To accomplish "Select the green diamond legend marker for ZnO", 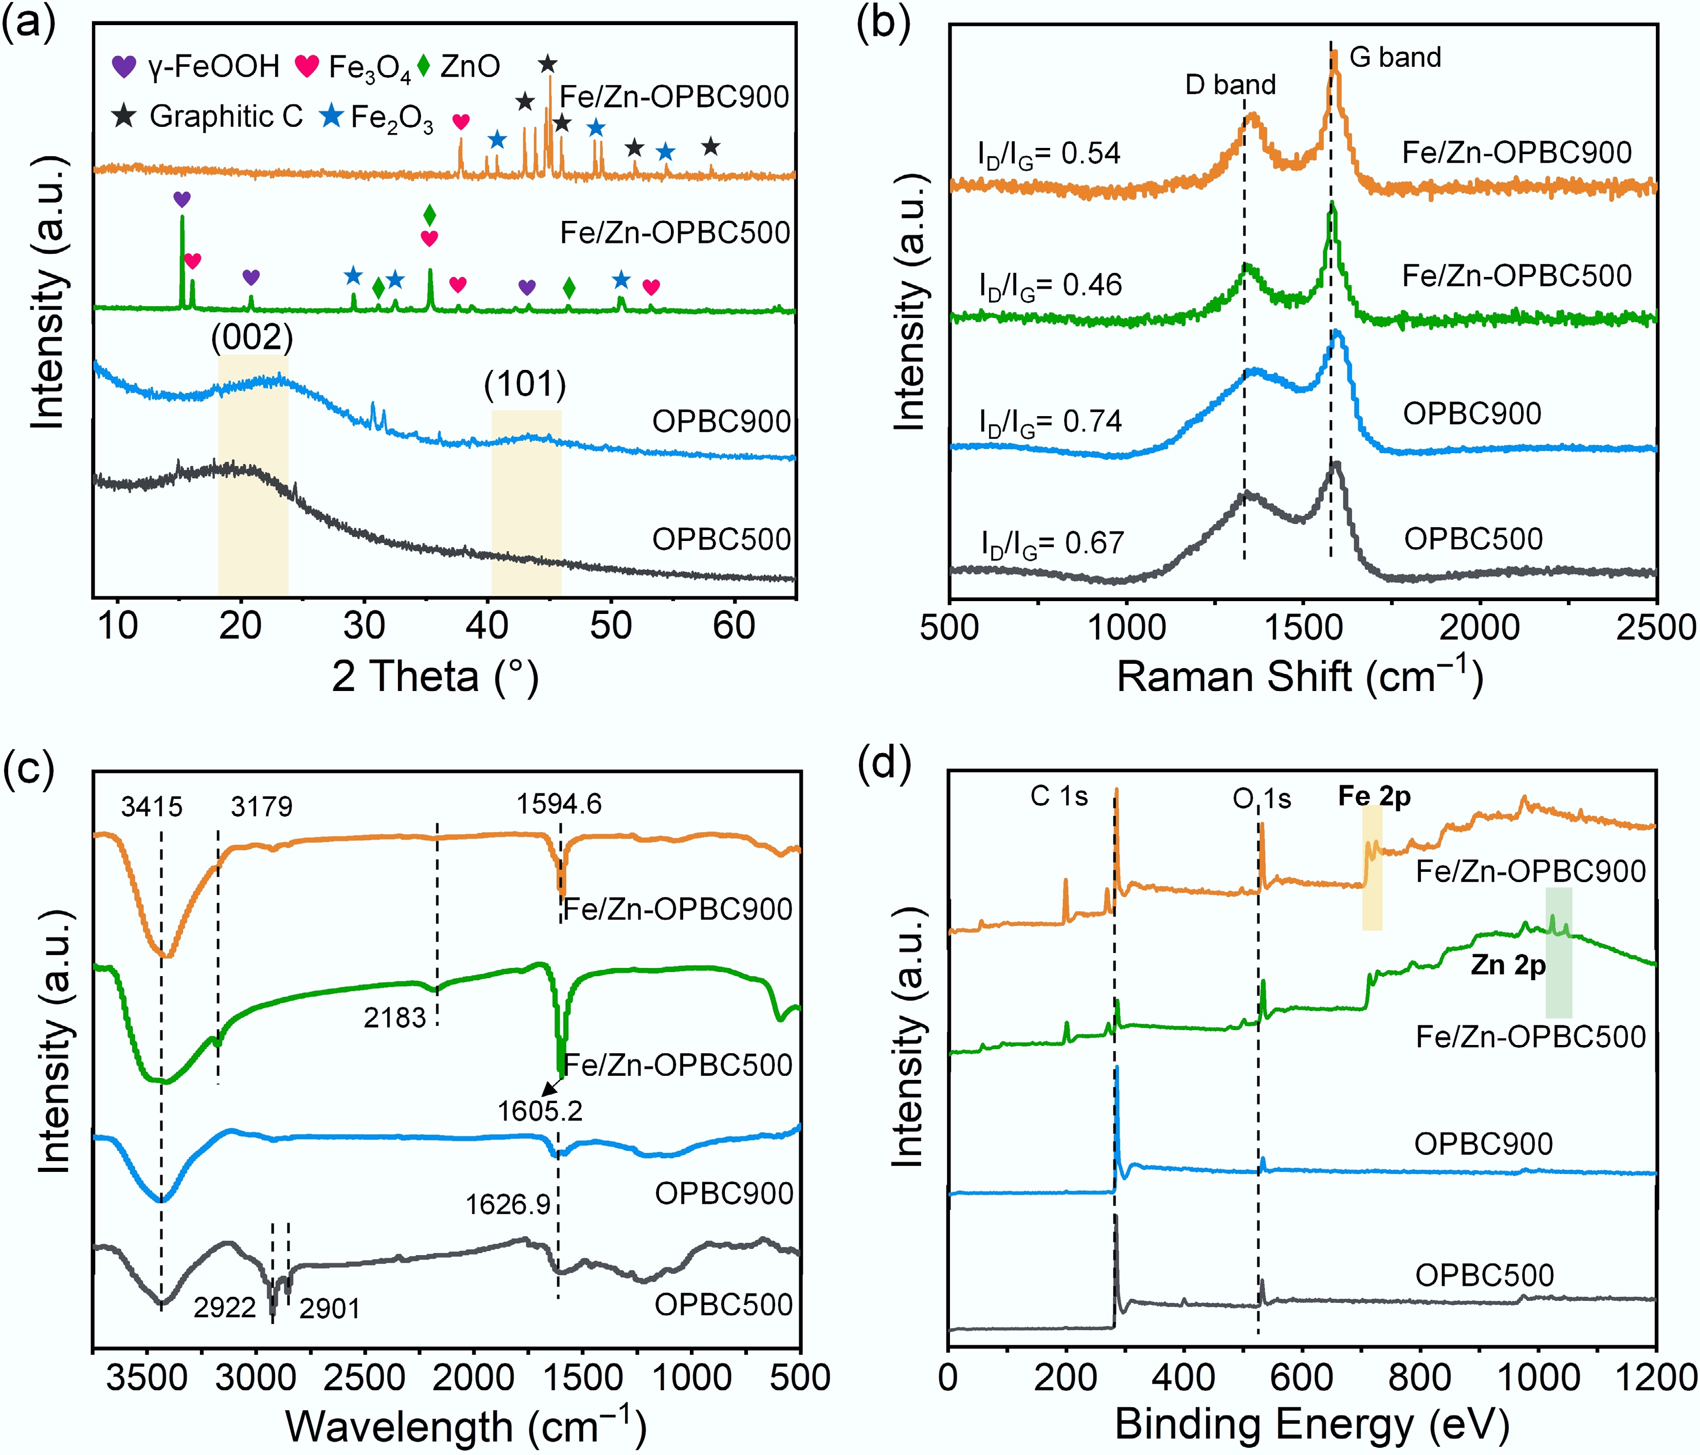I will click(x=424, y=66).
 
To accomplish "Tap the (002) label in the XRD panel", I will click(x=252, y=337).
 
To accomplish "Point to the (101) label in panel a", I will click(x=525, y=385).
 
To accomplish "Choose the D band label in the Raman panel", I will click(x=1230, y=84).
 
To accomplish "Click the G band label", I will click(x=1395, y=58).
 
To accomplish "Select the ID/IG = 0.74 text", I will click(x=1050, y=422).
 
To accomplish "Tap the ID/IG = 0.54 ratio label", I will click(x=1049, y=154).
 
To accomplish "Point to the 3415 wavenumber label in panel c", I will click(x=152, y=807).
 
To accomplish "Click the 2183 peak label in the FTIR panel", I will click(x=395, y=1018).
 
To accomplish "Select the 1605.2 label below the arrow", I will click(x=540, y=1111).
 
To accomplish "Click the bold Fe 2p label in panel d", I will click(x=1374, y=796).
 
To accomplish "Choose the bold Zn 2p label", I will click(x=1508, y=965).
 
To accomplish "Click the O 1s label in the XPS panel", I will click(x=1262, y=798).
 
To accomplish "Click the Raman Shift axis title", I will click(x=1301, y=678).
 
